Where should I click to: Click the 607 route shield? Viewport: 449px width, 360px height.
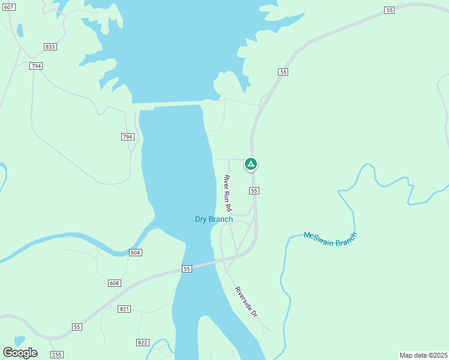8,7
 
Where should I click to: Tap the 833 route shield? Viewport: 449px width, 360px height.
50,47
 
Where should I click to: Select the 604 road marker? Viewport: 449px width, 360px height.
135,253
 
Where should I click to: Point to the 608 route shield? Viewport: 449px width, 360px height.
115,283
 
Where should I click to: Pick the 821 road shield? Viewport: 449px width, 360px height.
124,308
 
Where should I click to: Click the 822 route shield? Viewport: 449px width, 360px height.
142,342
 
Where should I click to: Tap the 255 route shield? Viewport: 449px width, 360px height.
56,355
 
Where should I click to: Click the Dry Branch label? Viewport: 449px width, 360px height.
214,219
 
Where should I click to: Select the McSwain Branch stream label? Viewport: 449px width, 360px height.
330,238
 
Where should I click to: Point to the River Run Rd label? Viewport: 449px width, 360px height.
228,192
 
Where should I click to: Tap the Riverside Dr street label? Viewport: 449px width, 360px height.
246,302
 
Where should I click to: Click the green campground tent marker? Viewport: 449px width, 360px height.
251,164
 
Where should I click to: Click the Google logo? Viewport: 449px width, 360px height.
20,353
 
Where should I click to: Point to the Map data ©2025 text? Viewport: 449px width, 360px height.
423,355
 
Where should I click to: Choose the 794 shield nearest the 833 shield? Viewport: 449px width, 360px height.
36,66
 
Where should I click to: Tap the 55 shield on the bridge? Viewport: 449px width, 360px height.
187,269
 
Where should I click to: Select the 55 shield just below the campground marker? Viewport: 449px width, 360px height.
255,190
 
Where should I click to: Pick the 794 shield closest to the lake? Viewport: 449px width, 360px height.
127,137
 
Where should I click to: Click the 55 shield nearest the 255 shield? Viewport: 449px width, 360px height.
77,327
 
